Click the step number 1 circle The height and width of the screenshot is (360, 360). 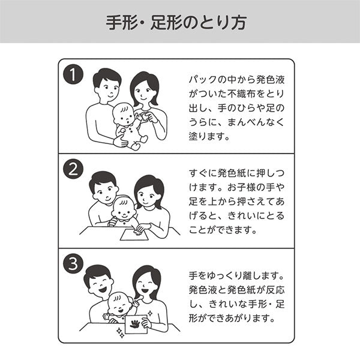click(x=73, y=74)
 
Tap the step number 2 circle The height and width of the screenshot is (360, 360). click(x=73, y=169)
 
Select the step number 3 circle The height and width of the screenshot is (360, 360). click(x=73, y=263)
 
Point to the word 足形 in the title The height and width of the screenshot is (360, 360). click(x=166, y=23)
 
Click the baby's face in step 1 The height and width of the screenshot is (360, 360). click(x=124, y=115)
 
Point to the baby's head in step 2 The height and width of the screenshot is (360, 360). click(x=124, y=208)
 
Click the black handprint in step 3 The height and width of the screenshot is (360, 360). click(x=135, y=324)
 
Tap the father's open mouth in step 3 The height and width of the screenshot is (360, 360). click(x=103, y=290)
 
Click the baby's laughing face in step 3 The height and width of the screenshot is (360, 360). click(x=119, y=306)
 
